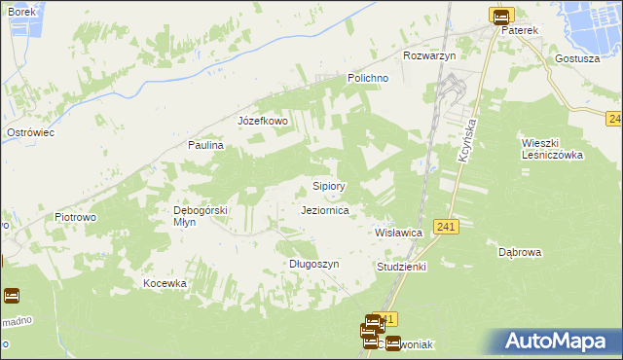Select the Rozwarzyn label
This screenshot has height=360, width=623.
429,55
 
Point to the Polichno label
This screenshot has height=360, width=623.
369,78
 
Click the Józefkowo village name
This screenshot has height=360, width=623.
263,122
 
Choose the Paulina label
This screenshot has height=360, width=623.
206,145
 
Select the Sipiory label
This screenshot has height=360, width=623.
329,185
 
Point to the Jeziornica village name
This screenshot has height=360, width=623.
332,210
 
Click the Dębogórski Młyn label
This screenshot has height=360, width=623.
200,216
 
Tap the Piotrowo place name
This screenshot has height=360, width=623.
75,217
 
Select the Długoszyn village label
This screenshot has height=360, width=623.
313,264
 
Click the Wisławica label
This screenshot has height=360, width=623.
398,234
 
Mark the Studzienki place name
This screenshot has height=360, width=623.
401,266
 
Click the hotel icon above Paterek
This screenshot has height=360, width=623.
500,16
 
